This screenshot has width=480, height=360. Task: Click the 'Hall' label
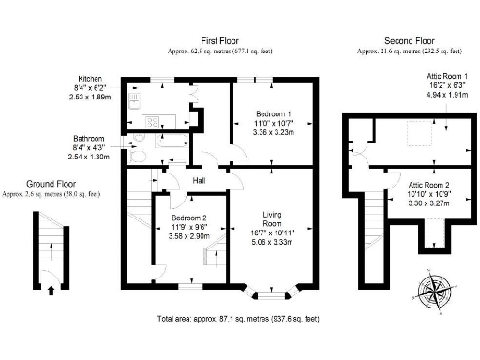coord(200,180)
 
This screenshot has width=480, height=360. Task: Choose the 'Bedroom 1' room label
coord(274,113)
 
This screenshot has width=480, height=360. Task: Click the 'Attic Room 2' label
coord(428,185)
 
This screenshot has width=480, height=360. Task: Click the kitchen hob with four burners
coord(155,121)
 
